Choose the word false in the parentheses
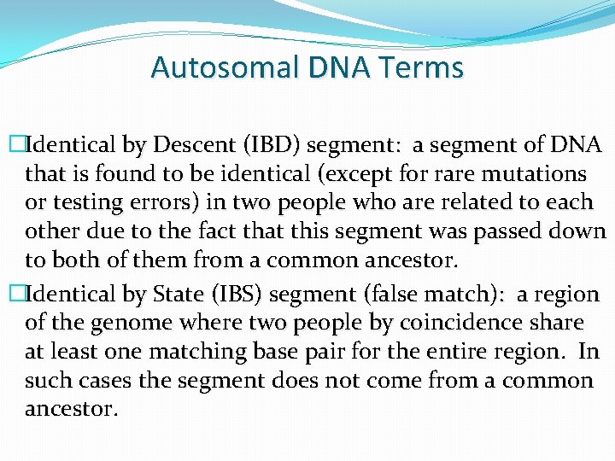click(x=390, y=295)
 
